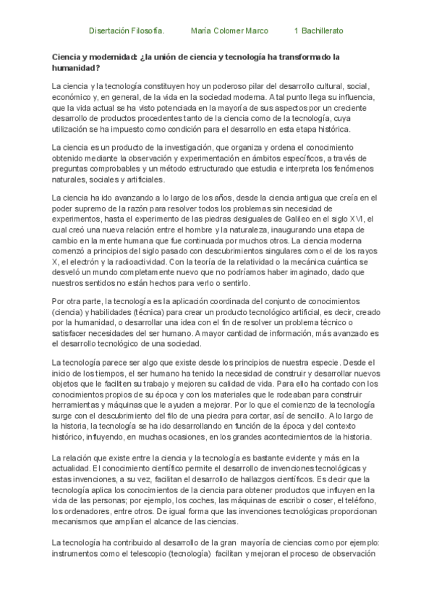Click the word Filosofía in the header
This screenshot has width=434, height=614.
click(148, 32)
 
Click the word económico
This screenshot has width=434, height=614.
click(72, 97)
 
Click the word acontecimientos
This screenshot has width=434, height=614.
click(285, 437)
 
